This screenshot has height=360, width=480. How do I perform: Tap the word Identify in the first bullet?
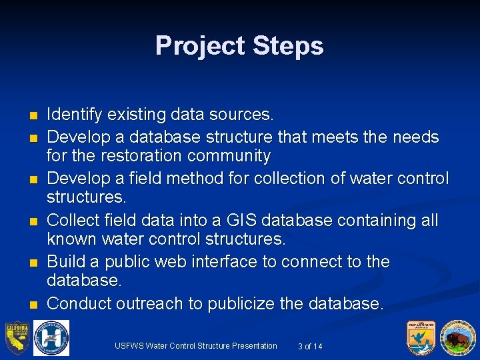pyautogui.click(x=74, y=115)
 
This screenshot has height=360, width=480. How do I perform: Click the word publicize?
pyautogui.click(x=241, y=303)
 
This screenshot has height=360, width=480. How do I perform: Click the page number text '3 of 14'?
pyautogui.click(x=310, y=346)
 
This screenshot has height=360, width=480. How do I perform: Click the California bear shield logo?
pyautogui.click(x=17, y=338)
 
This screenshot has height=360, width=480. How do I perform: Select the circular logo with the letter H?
pyautogui.click(x=51, y=338)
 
